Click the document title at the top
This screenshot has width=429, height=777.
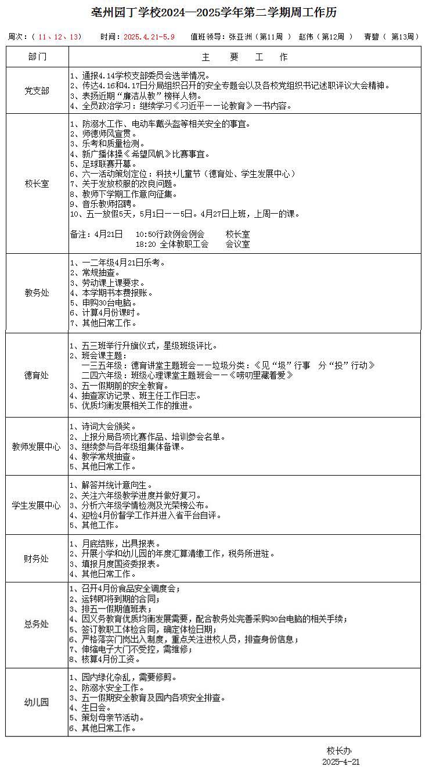point(214,13)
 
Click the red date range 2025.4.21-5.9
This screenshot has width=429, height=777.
point(149,37)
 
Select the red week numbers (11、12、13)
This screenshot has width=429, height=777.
point(59,37)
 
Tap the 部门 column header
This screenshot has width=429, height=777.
point(37,57)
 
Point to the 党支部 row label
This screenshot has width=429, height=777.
point(37,91)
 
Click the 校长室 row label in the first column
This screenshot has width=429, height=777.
point(37,184)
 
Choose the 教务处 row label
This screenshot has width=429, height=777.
point(37,293)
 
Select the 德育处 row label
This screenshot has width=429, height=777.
point(37,375)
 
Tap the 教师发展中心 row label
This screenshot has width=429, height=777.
point(37,447)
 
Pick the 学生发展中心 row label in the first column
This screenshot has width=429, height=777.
point(37,505)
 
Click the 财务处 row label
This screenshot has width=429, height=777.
point(37,559)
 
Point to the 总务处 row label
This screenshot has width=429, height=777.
point(37,625)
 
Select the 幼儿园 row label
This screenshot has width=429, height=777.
point(37,702)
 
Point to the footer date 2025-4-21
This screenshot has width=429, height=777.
point(341,761)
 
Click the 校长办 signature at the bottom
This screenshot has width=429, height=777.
point(339,750)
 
